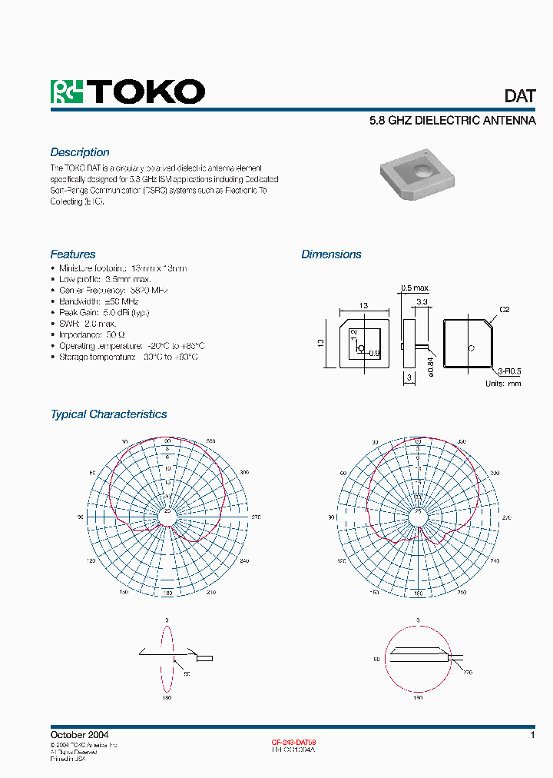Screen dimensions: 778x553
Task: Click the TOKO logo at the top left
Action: coord(127,91)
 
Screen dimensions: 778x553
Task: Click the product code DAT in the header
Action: coord(519,96)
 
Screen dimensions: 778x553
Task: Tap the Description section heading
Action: coord(80,152)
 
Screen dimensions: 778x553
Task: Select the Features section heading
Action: coord(73,254)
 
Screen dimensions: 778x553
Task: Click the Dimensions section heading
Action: coord(331,254)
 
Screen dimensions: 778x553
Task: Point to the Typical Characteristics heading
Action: coord(108,414)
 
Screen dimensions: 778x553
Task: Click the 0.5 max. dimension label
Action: coord(415,288)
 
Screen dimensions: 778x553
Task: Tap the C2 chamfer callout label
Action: coord(505,309)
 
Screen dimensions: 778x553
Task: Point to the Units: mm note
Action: coord(503,383)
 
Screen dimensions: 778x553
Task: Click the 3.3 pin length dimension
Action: coord(421,301)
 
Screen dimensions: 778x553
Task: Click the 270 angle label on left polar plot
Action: coord(257,517)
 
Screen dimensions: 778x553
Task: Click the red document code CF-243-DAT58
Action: coord(293,743)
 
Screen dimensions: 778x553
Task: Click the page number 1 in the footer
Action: coord(531,736)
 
